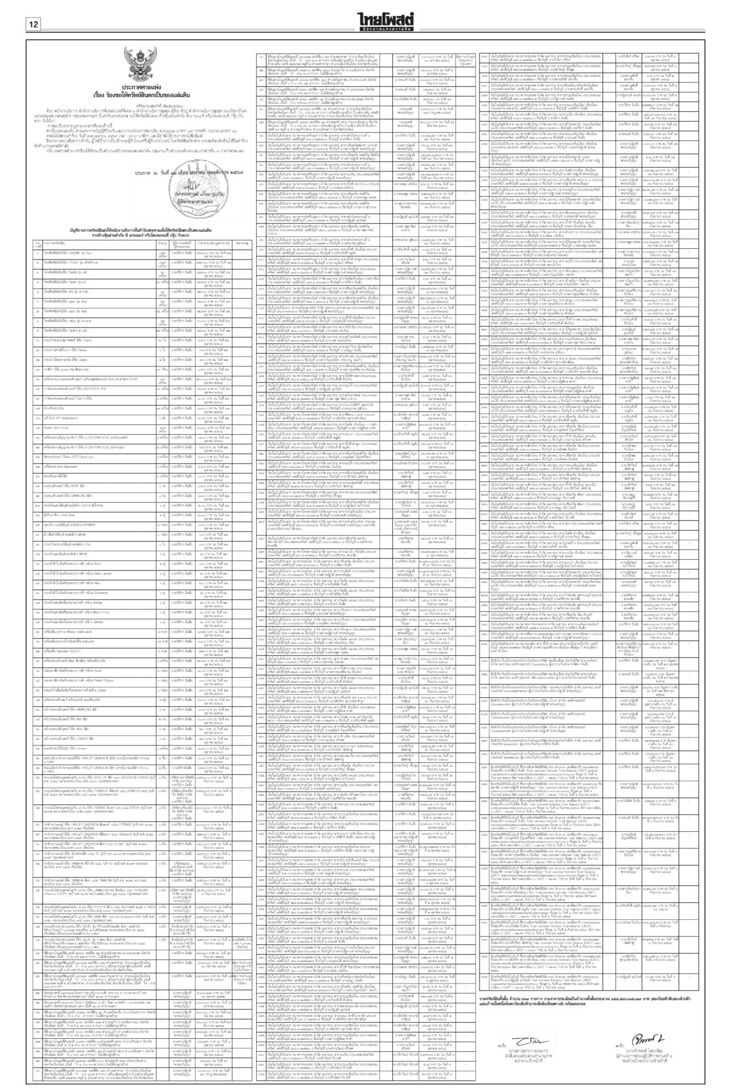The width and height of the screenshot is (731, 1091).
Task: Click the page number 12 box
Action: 34,24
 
